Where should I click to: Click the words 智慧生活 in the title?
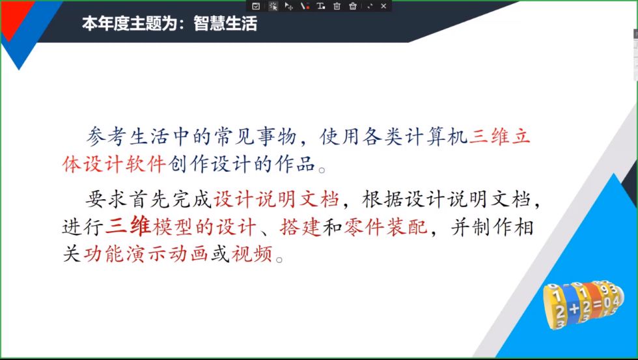coord(225,25)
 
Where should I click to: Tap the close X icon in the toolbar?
coord(383,6)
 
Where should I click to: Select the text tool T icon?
coord(320,6)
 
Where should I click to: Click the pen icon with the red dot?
coord(305,6)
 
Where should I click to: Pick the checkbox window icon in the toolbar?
coord(256,6)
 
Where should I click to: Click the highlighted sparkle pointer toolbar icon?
coord(273,6)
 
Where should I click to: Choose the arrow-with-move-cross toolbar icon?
coord(289,6)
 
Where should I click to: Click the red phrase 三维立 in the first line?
coord(501,137)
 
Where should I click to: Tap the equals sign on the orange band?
coord(596,305)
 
